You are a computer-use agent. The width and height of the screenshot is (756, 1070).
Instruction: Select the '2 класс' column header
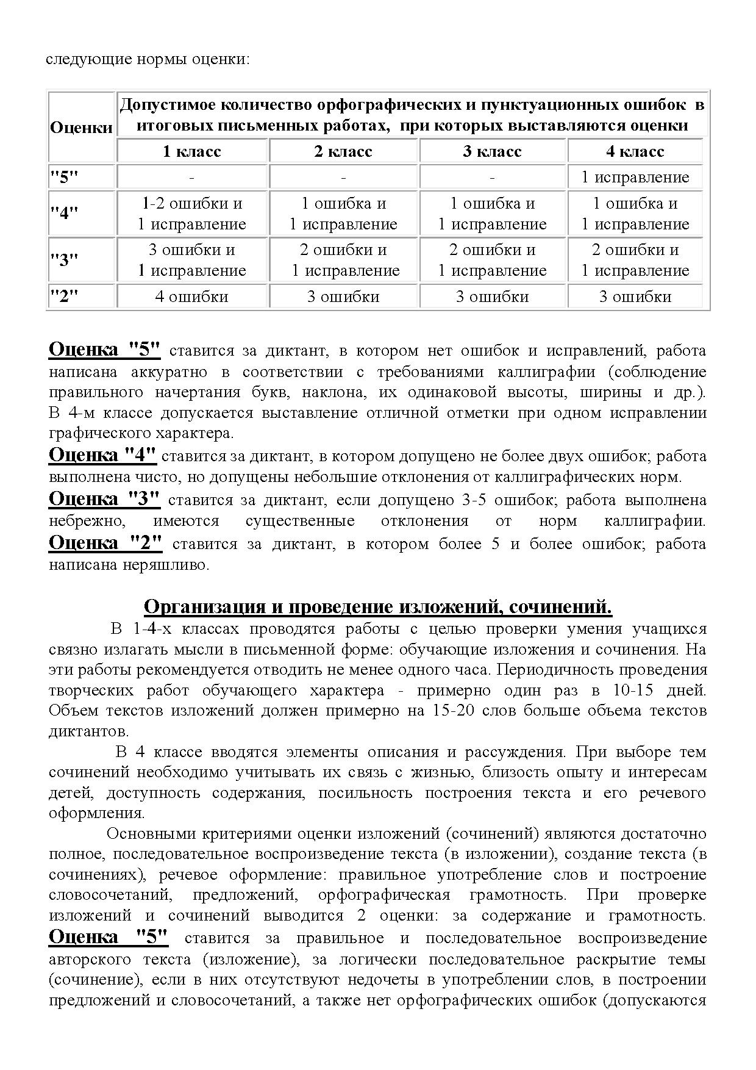343,151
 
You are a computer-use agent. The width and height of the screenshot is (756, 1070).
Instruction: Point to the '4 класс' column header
635,151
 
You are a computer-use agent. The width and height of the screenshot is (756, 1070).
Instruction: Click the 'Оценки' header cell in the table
81,127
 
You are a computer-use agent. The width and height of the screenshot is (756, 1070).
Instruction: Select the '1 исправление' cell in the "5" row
635,178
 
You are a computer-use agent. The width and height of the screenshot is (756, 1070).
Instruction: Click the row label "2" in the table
64,296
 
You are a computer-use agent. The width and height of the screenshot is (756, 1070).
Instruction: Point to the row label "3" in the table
64,260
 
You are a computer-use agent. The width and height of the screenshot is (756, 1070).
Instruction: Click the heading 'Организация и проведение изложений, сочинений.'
378,607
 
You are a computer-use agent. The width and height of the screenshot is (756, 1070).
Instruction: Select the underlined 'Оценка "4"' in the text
102,455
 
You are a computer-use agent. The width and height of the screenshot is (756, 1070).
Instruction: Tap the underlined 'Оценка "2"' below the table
105,542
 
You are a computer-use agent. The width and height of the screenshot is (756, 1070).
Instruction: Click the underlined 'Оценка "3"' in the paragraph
104,499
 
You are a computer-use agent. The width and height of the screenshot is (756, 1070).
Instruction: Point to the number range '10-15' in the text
613,691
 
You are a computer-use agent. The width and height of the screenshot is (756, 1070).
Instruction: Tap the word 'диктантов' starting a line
87,731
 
